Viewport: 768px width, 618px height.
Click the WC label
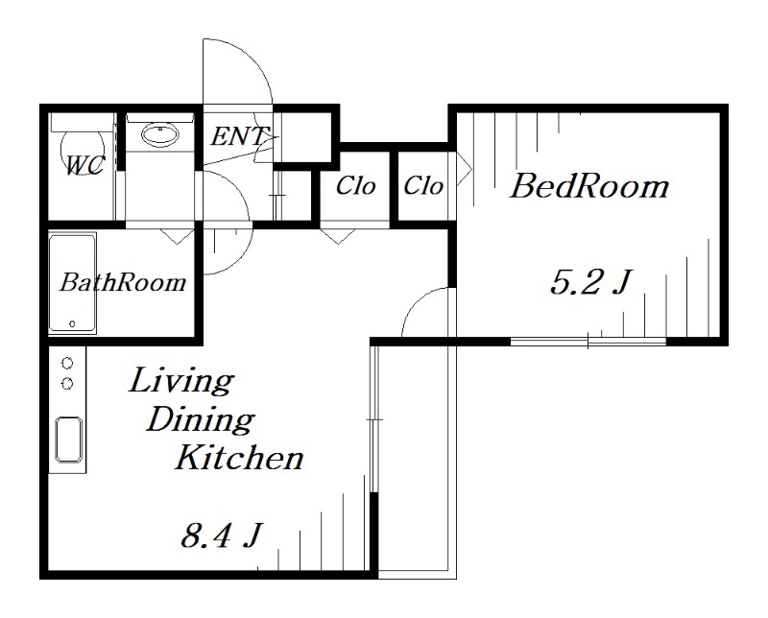click(x=84, y=165)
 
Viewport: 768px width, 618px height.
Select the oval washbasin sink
click(x=160, y=134)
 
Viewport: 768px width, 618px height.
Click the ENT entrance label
click(x=239, y=136)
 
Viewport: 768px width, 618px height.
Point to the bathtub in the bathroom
click(x=73, y=283)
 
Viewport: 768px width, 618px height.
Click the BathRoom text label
click(x=123, y=282)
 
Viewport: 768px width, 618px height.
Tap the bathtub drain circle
click(x=73, y=323)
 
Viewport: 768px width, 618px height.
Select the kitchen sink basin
click(x=68, y=440)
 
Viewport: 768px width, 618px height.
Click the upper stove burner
click(x=67, y=364)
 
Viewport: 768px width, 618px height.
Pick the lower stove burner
click(x=67, y=384)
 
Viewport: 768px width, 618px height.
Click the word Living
click(x=180, y=381)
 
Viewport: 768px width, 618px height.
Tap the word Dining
click(x=200, y=420)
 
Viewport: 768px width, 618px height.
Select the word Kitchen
click(x=239, y=458)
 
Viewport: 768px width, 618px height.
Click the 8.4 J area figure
click(x=220, y=535)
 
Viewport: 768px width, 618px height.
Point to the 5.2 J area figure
click(x=589, y=281)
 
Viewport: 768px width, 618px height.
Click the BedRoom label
click(x=589, y=186)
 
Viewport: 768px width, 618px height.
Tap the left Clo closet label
click(x=355, y=185)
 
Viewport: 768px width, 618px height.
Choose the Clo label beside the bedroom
click(x=423, y=185)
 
